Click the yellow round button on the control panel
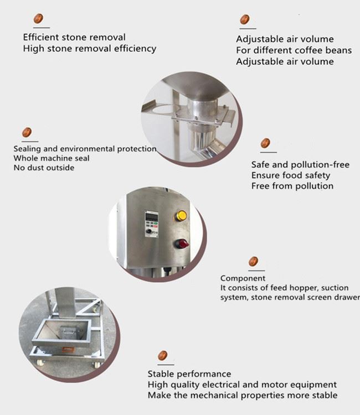[181, 215]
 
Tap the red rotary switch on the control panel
[182, 243]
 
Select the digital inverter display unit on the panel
[152, 224]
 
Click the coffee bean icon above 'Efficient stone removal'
[38, 18]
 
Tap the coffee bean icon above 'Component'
[254, 262]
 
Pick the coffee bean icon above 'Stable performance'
[163, 356]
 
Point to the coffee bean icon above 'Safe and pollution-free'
[265, 143]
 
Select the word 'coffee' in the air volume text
[309, 50]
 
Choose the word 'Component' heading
[243, 278]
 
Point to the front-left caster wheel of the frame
[40, 362]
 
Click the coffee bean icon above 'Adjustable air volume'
[244, 19]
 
